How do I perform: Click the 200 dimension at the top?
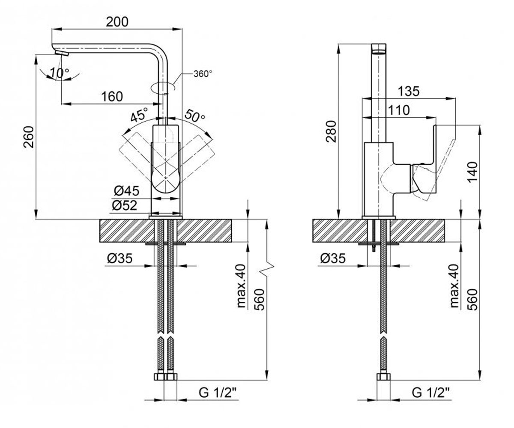117,22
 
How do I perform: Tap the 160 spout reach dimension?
112,96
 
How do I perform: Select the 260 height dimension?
29,137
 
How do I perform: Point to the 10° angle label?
60,73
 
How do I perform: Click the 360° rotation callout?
203,74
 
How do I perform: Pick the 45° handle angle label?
139,115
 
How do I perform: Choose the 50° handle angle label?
195,116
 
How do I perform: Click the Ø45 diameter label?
126,190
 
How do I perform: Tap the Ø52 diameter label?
124,205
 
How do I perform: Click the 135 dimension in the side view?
409,91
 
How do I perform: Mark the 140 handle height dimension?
472,172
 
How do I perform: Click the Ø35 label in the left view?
120,258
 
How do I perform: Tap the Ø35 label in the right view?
333,258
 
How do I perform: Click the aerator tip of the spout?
62,53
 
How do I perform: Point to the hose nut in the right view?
383,377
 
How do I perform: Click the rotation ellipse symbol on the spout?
163,87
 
